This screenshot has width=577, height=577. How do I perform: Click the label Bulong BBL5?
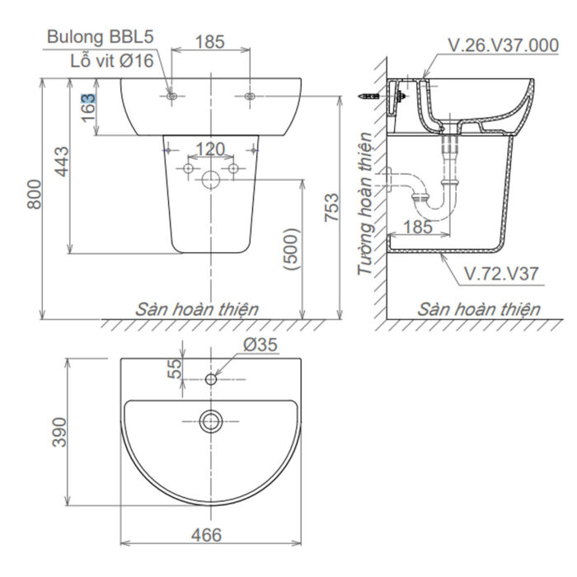pos(100,37)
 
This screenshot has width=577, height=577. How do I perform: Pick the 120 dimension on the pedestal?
pos(210,149)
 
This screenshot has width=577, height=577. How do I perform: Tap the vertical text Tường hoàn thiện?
pos(365,206)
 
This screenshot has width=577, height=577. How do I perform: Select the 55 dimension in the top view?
pos(175,368)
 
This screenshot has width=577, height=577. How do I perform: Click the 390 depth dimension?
pos(59,432)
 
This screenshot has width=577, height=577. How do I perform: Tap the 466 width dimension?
pos(206,536)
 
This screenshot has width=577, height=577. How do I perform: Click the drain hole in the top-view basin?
pos(211,423)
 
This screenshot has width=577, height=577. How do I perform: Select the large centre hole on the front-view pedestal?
pos(211,180)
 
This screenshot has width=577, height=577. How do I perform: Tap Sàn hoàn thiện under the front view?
pos(198,309)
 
